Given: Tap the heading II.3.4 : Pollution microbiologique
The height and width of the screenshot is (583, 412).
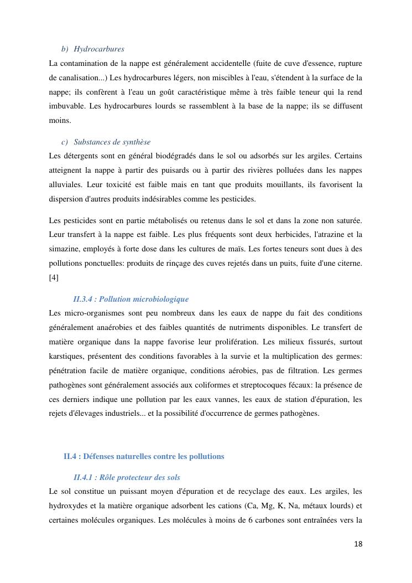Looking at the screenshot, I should (x=131, y=299).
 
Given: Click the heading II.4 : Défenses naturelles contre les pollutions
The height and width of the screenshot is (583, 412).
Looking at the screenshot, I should (x=144, y=456).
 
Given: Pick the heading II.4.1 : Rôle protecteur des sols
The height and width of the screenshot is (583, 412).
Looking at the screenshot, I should (x=126, y=477).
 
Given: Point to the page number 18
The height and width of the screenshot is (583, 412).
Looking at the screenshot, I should (x=358, y=544).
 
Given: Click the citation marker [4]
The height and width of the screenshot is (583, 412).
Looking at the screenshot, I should (x=54, y=278).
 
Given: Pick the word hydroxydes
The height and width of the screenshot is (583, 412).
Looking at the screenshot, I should (x=67, y=505).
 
